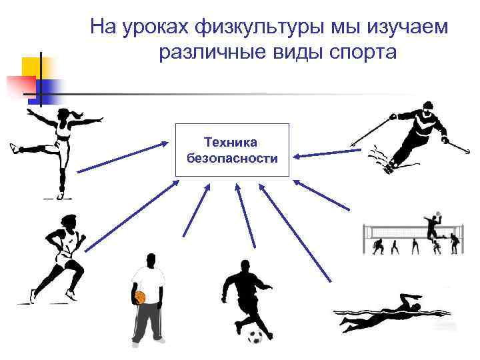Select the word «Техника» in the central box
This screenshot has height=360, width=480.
(x=232, y=142)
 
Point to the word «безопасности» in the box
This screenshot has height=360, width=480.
(x=232, y=158)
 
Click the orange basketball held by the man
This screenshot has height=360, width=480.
(x=139, y=297)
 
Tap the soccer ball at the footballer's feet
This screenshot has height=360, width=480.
(x=255, y=336)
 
